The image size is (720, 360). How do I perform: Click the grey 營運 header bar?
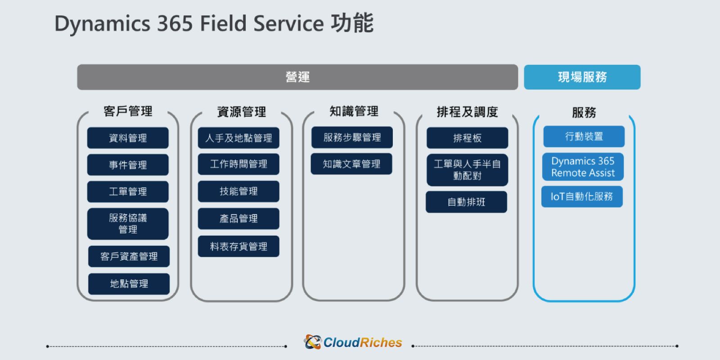point(297,77)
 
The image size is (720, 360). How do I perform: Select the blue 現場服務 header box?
point(582,77)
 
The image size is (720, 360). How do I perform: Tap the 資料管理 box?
point(128,138)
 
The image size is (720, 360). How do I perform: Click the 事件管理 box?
point(128,165)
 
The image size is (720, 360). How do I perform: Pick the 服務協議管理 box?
point(128,224)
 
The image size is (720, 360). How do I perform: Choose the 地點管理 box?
point(129,284)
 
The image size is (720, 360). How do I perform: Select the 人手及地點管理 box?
point(238,138)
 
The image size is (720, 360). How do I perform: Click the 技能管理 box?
point(238,191)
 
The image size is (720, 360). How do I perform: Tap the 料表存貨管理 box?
point(238,246)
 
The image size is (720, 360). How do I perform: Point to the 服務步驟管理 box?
point(352,137)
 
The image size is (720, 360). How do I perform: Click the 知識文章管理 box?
point(351,164)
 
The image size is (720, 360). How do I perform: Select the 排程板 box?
point(468,138)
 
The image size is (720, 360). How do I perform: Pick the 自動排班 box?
point(466,202)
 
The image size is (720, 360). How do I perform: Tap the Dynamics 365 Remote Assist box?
point(583,167)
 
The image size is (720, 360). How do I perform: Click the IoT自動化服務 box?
point(582,196)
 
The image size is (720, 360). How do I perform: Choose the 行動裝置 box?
point(584,136)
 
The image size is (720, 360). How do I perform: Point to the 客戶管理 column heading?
point(128,111)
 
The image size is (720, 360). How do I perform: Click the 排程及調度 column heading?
point(468,112)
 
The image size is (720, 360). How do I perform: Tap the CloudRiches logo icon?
point(312,342)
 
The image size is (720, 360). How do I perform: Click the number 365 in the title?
point(175,23)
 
